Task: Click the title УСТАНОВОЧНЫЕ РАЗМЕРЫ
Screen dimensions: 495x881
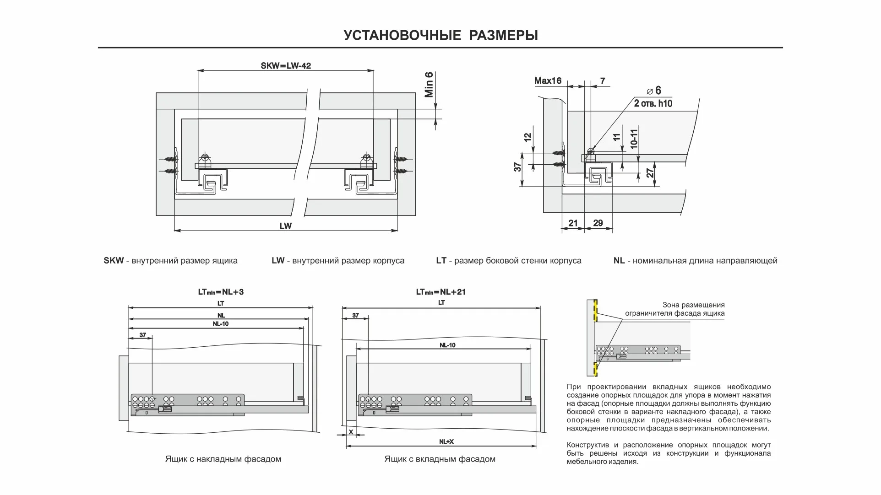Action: [440, 35]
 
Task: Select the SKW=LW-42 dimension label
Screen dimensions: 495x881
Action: [286, 66]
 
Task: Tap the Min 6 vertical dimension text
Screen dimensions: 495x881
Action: [429, 85]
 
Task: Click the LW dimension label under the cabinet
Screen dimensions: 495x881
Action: [285, 226]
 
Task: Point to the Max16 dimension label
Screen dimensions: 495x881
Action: [548, 81]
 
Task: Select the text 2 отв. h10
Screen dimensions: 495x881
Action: [653, 103]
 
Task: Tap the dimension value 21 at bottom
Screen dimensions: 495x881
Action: [573, 223]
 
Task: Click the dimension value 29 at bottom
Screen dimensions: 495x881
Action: [598, 223]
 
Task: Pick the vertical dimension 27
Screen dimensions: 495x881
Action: [650, 173]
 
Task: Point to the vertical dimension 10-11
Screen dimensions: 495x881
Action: [634, 138]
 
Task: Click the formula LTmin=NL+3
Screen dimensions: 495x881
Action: [221, 292]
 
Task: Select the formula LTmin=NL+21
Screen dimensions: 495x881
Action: [440, 292]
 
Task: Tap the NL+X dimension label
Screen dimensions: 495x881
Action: [446, 441]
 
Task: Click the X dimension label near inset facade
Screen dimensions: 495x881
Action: [351, 432]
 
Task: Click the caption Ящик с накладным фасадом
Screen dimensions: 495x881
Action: [223, 459]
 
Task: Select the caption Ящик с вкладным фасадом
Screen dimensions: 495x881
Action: [440, 459]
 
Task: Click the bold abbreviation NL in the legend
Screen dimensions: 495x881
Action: [619, 261]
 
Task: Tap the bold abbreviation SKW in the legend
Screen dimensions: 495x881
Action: [114, 261]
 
